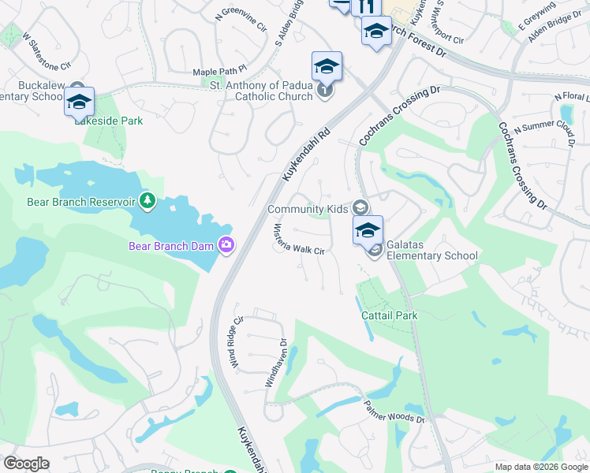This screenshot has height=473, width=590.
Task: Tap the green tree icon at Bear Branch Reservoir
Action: pos(147,202)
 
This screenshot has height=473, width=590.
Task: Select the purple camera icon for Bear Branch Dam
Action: pos(226,246)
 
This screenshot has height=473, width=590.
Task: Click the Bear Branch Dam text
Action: pos(171,246)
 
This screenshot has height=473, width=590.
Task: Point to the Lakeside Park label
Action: pos(109,121)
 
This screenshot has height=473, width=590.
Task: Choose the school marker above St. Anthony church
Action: pos(327,66)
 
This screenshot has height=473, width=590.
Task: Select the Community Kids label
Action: pos(308,209)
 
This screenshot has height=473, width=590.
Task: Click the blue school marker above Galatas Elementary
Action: pos(368,230)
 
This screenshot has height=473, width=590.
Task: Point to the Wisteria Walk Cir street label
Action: pos(300,239)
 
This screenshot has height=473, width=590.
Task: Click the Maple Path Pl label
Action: pos(220,73)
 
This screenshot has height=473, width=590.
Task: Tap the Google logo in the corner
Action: pos(26,464)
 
